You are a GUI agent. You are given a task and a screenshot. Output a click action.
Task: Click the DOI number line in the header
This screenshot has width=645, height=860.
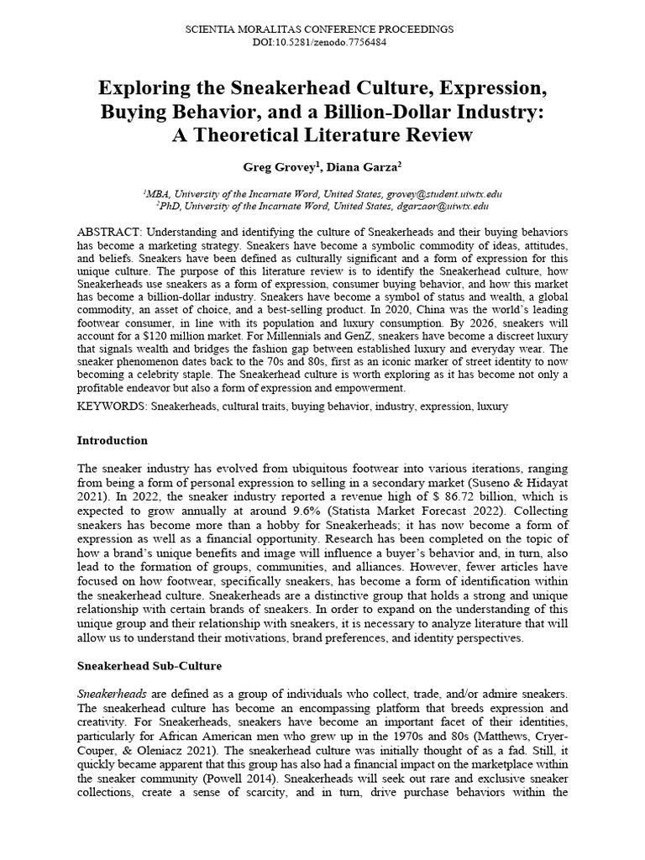click(322, 42)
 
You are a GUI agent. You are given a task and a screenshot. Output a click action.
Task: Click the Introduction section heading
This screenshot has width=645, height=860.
click(112, 440)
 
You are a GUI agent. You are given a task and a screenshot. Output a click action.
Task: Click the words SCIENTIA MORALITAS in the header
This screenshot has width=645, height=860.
click(244, 29)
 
